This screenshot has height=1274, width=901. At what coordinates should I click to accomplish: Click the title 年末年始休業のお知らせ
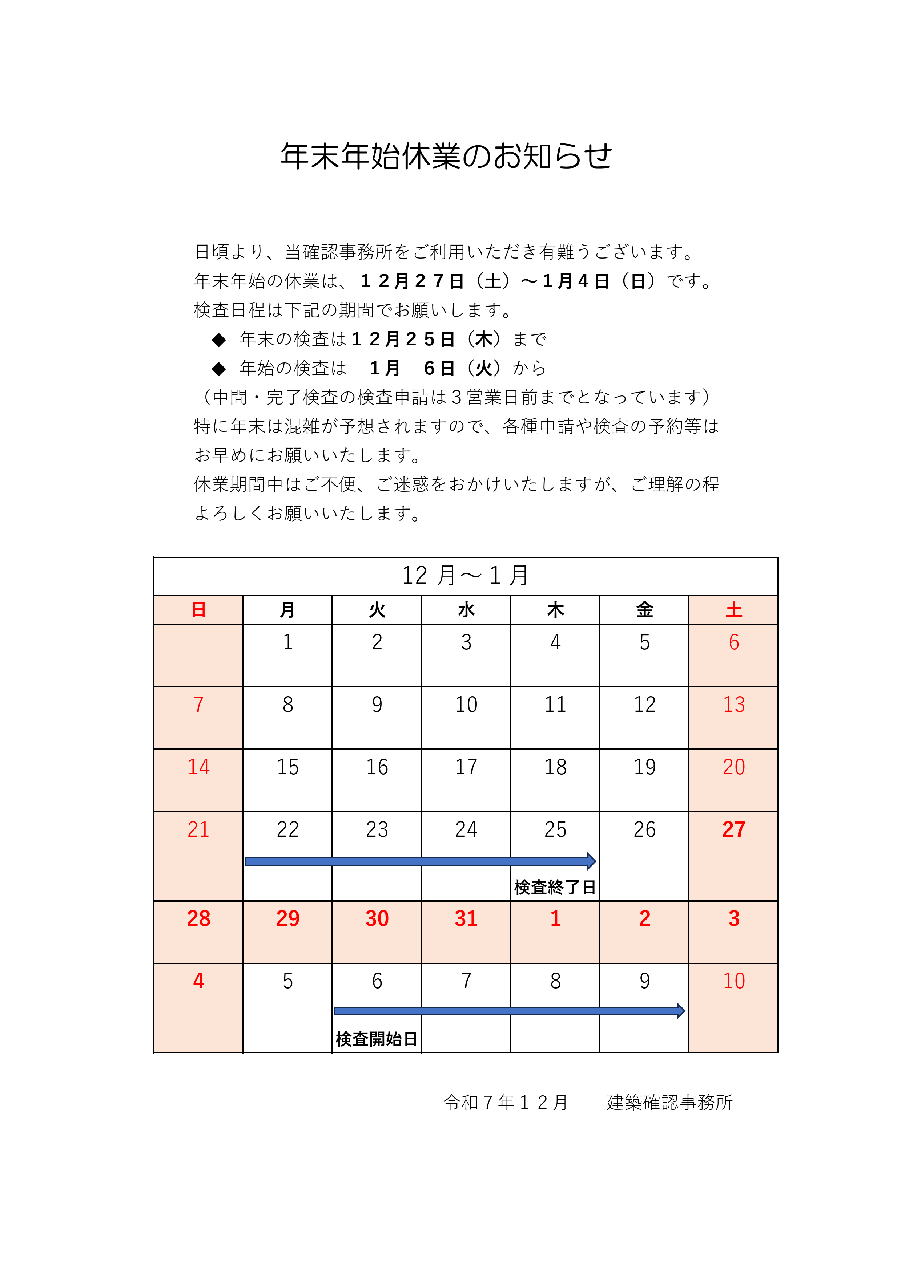[x=446, y=156]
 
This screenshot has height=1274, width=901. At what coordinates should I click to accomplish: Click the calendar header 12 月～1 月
[x=465, y=575]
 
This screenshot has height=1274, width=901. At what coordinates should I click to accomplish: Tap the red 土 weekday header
[x=733, y=610]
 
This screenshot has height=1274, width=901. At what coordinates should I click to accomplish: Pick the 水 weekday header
[x=466, y=610]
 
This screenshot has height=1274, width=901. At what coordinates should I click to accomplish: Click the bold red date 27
[x=733, y=829]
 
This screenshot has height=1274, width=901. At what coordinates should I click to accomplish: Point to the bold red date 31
[x=466, y=918]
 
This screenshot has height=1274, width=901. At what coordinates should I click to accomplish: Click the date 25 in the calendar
[x=555, y=829]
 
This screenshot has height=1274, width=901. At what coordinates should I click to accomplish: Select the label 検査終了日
[x=555, y=887]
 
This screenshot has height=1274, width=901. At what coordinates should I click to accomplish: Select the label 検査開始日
[x=377, y=1039]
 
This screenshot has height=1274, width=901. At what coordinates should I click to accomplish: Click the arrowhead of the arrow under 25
[x=591, y=861]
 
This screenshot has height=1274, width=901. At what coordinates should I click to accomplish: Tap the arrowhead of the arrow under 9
[x=681, y=1010]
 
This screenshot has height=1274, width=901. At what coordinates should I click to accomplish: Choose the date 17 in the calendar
[x=466, y=767]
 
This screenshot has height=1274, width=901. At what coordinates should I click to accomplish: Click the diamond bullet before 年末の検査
[x=219, y=340]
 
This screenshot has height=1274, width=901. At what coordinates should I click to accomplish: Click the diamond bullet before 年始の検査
[x=219, y=369]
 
